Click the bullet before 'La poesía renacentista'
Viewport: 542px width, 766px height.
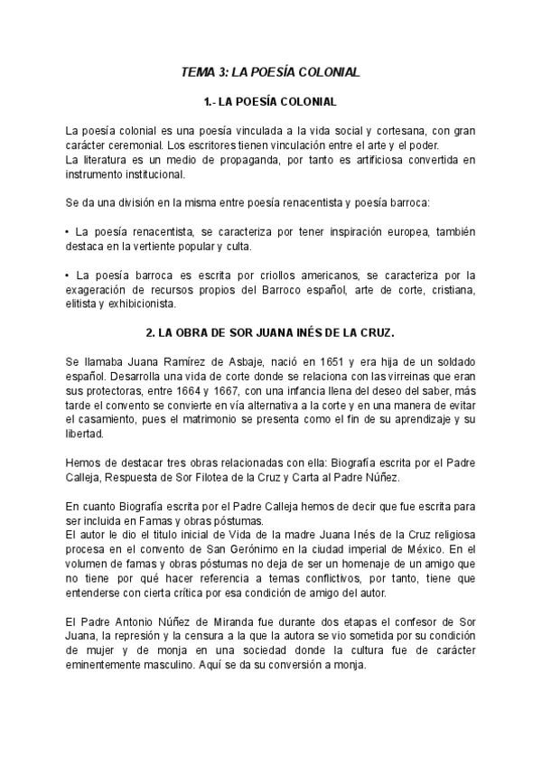68,232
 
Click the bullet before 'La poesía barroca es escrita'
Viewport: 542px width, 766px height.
68,276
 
